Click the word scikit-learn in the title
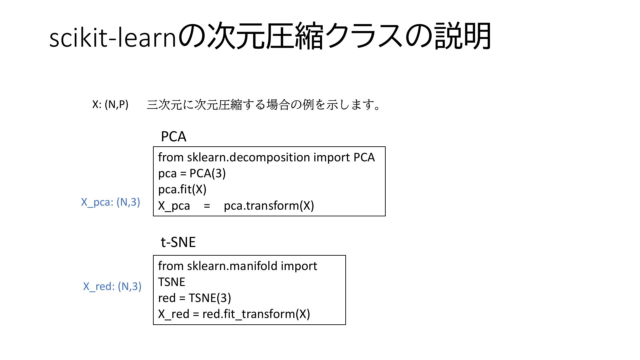(x=112, y=37)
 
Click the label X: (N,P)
(x=110, y=104)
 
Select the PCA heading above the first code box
(x=173, y=137)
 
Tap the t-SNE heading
(x=178, y=242)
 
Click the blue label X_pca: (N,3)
(x=111, y=202)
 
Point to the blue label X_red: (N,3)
(x=112, y=286)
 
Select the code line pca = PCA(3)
(x=192, y=173)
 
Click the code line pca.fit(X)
(x=182, y=189)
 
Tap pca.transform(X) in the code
(x=269, y=206)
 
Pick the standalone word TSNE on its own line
(x=172, y=282)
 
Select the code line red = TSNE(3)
(x=195, y=298)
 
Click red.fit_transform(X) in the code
(x=256, y=314)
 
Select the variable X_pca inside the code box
(x=174, y=206)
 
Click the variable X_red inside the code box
(x=174, y=314)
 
